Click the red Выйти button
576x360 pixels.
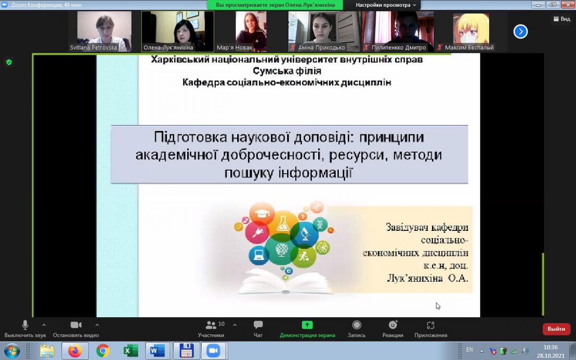tap(556, 329)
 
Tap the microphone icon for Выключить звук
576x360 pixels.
tap(25, 325)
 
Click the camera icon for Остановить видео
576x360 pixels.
tap(76, 325)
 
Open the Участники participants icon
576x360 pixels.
tap(211, 325)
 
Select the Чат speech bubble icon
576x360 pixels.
tap(258, 325)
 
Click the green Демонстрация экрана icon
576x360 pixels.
tap(307, 325)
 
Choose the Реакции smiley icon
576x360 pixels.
tap(393, 325)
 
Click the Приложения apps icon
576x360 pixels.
tap(431, 325)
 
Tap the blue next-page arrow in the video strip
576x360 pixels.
tap(520, 32)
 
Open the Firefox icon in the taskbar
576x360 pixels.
tap(75, 351)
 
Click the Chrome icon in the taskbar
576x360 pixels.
tap(103, 351)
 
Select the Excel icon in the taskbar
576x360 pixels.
tap(131, 351)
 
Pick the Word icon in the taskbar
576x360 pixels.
tap(157, 351)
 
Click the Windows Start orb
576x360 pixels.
tap(12, 351)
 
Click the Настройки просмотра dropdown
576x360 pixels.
tap(385, 5)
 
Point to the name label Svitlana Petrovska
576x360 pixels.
tap(93, 48)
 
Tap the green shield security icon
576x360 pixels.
tap(9, 62)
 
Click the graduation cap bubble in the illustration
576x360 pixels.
tap(262, 214)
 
